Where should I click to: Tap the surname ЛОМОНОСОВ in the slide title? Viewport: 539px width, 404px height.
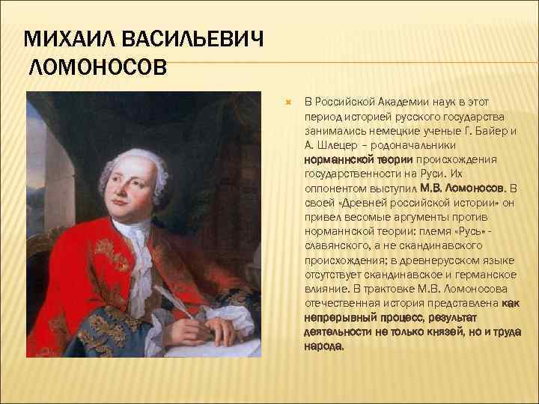point(98,69)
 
